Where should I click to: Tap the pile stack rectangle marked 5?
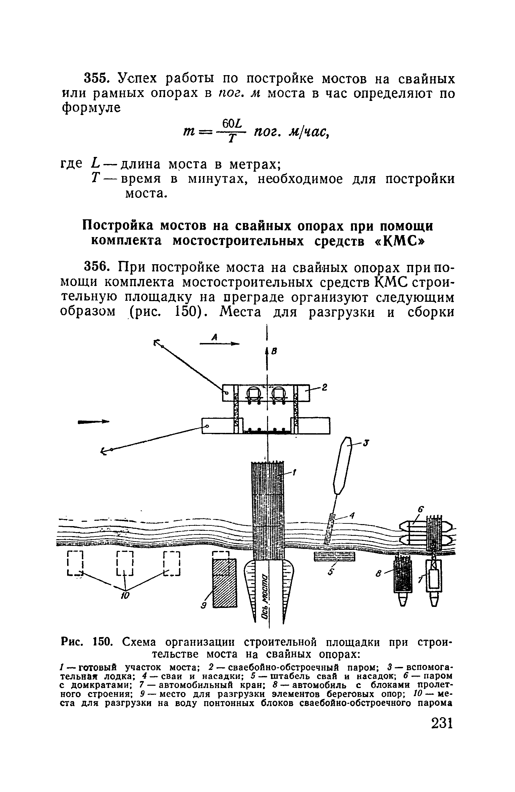pos(334,556)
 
